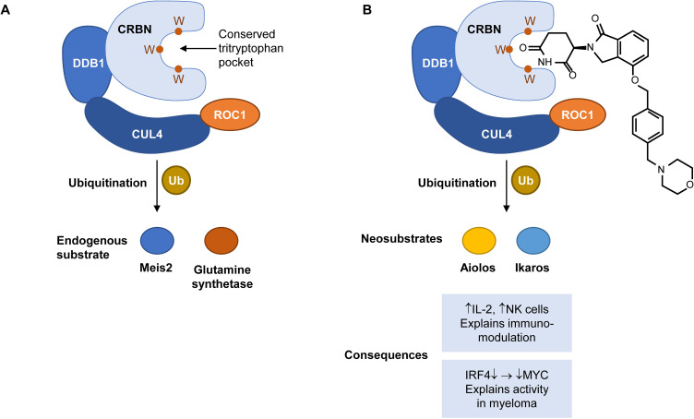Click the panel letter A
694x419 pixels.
coord(7,11)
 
